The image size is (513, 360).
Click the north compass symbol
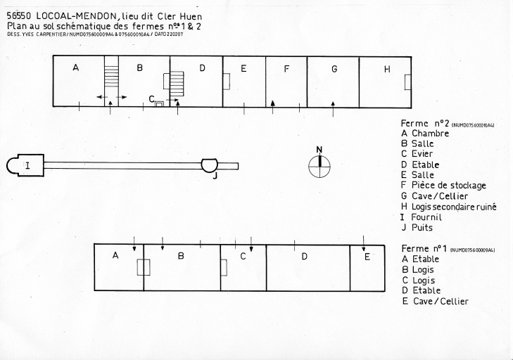click(x=319, y=166)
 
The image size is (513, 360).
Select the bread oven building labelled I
click(x=25, y=165)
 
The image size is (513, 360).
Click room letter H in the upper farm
click(x=387, y=70)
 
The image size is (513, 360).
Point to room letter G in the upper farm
click(x=334, y=69)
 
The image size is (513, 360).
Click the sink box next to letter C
click(x=159, y=103)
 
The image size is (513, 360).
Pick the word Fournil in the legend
click(x=426, y=217)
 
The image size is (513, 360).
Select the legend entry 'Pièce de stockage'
click(x=448, y=186)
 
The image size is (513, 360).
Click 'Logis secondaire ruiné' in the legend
click(x=454, y=207)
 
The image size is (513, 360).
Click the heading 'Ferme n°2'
click(x=424, y=123)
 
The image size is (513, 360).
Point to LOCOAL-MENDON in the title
click(x=76, y=16)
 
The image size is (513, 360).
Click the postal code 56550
click(x=19, y=16)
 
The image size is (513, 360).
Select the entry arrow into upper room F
click(x=273, y=107)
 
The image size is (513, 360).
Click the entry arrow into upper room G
click(x=333, y=109)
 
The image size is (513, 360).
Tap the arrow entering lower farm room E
click(x=364, y=243)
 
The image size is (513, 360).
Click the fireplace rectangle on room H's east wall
click(x=407, y=82)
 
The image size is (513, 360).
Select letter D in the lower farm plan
click(x=304, y=257)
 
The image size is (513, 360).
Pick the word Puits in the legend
click(x=422, y=228)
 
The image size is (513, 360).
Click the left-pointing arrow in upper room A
click(x=101, y=97)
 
